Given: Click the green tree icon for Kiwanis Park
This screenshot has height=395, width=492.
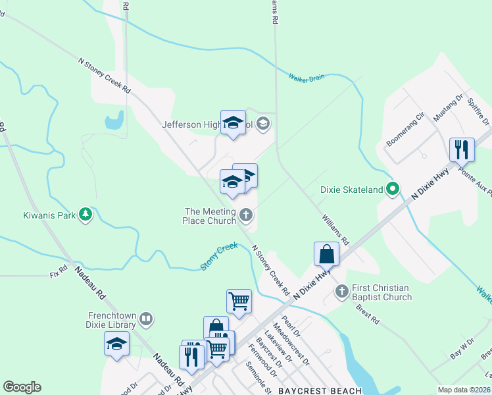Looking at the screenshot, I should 85,214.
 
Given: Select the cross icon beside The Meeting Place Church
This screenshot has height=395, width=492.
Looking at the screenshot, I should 246,215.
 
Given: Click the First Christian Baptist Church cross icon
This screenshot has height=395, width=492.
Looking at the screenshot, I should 341,291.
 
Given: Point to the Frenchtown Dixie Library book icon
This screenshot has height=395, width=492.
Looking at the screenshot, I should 146,319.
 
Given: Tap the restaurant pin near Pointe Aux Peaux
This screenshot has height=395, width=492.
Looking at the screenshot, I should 462,149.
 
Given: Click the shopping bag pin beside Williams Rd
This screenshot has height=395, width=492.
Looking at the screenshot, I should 326,253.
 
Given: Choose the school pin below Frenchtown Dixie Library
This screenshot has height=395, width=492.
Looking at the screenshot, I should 116,344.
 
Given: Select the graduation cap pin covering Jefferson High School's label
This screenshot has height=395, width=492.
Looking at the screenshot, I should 233,122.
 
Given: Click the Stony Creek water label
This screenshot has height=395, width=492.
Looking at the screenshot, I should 219,255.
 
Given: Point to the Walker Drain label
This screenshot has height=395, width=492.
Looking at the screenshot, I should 307,77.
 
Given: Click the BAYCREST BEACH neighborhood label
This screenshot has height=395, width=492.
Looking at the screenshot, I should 317,390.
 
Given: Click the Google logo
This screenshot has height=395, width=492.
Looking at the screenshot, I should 22,387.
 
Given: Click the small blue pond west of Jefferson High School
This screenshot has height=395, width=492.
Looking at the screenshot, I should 114,120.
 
